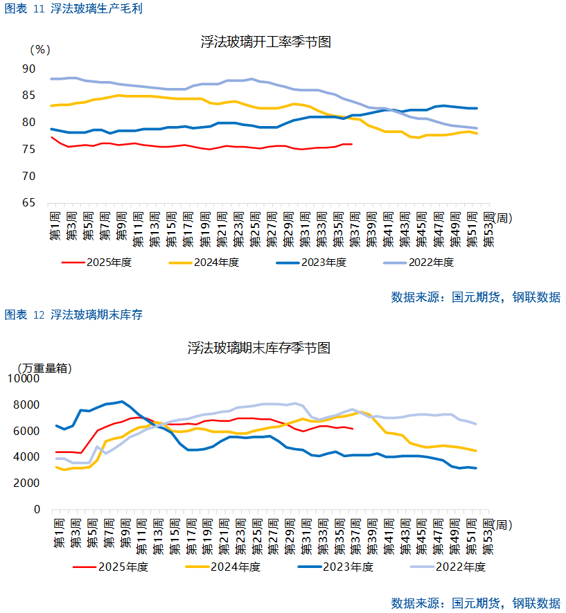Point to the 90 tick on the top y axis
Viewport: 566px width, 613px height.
pyautogui.click(x=28, y=69)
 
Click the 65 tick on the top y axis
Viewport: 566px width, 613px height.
pyautogui.click(x=28, y=203)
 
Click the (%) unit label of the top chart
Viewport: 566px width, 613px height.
pyautogui.click(x=40, y=50)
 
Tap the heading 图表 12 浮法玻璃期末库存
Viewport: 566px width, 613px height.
pyautogui.click(x=73, y=315)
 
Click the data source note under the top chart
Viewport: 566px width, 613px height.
pyautogui.click(x=476, y=297)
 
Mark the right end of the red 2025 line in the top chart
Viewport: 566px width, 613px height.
pyautogui.click(x=352, y=144)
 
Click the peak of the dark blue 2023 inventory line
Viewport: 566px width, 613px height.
pyautogui.click(x=123, y=402)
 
